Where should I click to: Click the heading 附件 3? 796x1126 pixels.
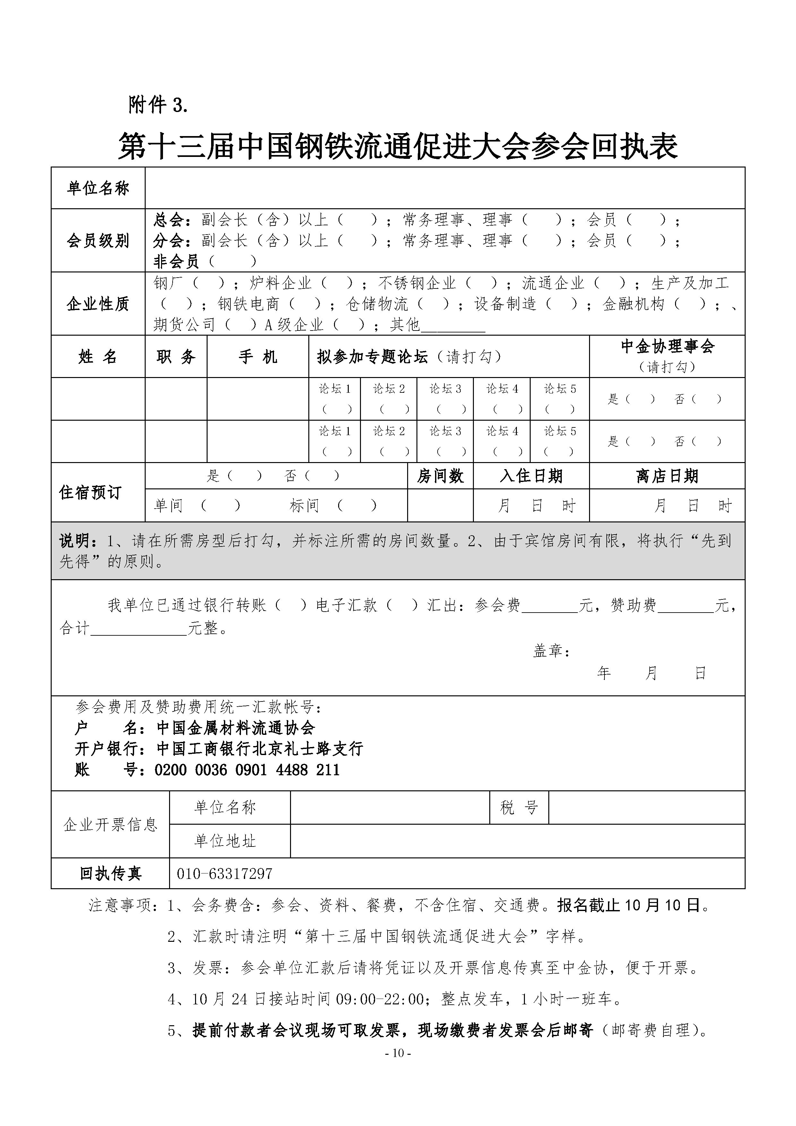pyautogui.click(x=158, y=105)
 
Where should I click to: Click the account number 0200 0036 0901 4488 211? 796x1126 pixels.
pyautogui.click(x=247, y=770)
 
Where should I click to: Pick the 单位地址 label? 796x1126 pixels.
pyautogui.click(x=225, y=841)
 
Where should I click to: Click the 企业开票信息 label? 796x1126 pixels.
pyautogui.click(x=110, y=824)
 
